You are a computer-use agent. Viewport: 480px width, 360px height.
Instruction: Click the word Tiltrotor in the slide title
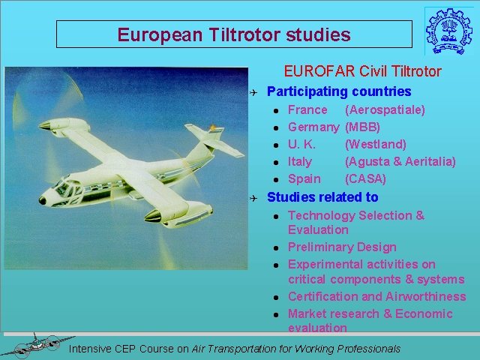pos(244,34)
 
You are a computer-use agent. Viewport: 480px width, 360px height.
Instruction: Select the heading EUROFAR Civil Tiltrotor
pos(363,71)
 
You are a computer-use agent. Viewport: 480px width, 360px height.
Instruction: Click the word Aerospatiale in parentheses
pos(385,110)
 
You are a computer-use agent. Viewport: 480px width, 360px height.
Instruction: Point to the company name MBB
pos(363,127)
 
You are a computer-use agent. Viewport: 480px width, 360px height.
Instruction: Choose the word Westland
pos(376,144)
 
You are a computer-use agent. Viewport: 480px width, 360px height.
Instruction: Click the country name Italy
pos(300,162)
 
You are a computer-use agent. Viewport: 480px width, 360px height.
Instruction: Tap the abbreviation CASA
pos(365,178)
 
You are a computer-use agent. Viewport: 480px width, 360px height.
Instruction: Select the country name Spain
pos(304,178)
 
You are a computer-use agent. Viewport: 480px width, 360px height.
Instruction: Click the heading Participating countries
pos(339,91)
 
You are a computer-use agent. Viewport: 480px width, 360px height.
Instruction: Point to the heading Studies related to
pos(322,197)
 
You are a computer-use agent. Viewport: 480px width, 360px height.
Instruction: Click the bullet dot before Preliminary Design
pos(276,248)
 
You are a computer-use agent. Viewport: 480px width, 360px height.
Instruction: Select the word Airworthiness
pos(426,296)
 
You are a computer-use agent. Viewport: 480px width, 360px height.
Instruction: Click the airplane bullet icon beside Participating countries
pos(253,92)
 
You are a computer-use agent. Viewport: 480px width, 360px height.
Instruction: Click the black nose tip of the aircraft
pos(42,201)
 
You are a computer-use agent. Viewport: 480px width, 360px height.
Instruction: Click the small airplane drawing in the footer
pos(38,346)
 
